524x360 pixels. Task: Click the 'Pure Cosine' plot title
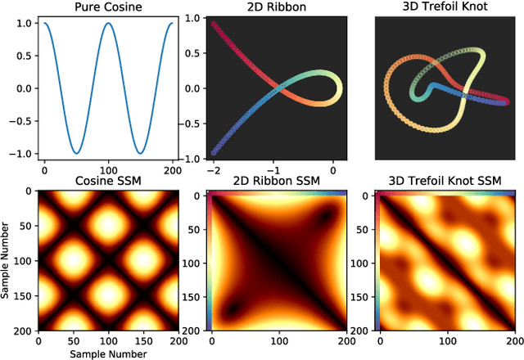click(x=108, y=7)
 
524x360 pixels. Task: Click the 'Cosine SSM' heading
click(x=108, y=182)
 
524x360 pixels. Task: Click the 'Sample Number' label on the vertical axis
click(x=7, y=261)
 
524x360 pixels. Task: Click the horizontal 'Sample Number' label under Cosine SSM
click(x=108, y=353)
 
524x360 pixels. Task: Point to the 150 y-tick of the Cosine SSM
click(x=23, y=296)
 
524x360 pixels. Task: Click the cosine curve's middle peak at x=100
click(x=108, y=23)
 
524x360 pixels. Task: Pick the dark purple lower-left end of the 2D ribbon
click(x=215, y=152)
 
